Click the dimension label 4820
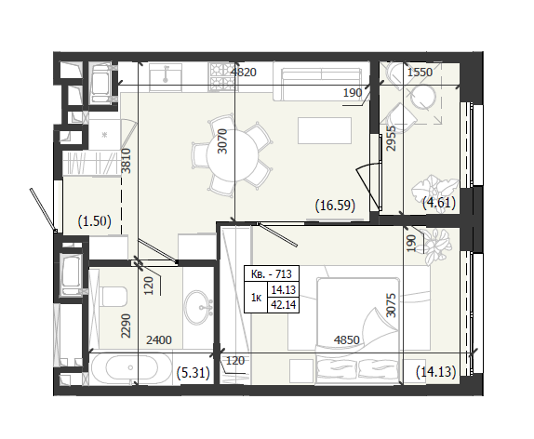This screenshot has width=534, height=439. (x=244, y=73)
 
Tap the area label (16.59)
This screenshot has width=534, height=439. (x=335, y=206)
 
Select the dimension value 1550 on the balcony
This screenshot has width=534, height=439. (x=420, y=73)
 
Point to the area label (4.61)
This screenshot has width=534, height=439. (x=439, y=203)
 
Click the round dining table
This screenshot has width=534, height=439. (x=232, y=156)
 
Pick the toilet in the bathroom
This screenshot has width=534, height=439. (x=114, y=296)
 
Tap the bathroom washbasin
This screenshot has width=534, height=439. (x=198, y=306)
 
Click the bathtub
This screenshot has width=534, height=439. (x=131, y=368)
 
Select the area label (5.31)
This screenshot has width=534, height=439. (x=194, y=373)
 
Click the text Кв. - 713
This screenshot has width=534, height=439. (x=271, y=273)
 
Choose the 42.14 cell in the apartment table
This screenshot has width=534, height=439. (x=283, y=304)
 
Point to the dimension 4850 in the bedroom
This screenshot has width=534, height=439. (x=346, y=339)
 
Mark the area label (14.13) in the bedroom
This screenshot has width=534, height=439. (x=436, y=371)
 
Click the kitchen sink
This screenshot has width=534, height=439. (x=166, y=76)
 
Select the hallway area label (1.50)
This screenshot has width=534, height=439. (x=94, y=221)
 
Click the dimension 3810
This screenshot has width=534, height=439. (x=127, y=161)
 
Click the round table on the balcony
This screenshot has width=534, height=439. (x=423, y=98)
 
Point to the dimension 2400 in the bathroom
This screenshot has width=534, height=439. (x=159, y=339)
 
